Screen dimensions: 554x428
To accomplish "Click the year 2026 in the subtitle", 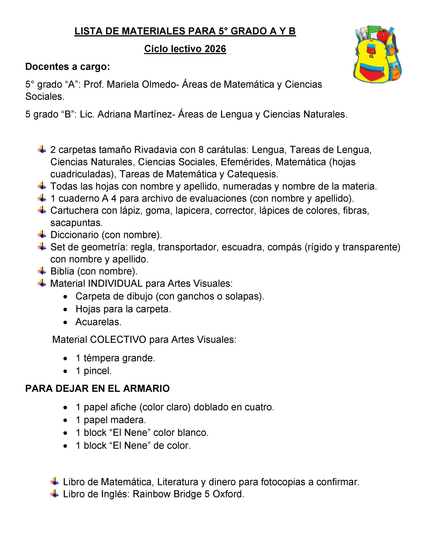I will (215, 49).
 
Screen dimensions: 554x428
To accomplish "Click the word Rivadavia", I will (155, 150).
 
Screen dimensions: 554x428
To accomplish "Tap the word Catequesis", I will (253, 174).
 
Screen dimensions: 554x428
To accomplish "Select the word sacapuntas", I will (76, 223).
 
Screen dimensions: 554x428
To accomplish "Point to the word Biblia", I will (62, 271).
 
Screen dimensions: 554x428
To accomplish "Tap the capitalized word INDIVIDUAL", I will (115, 283).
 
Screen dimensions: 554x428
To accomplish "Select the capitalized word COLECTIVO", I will (118, 340).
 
